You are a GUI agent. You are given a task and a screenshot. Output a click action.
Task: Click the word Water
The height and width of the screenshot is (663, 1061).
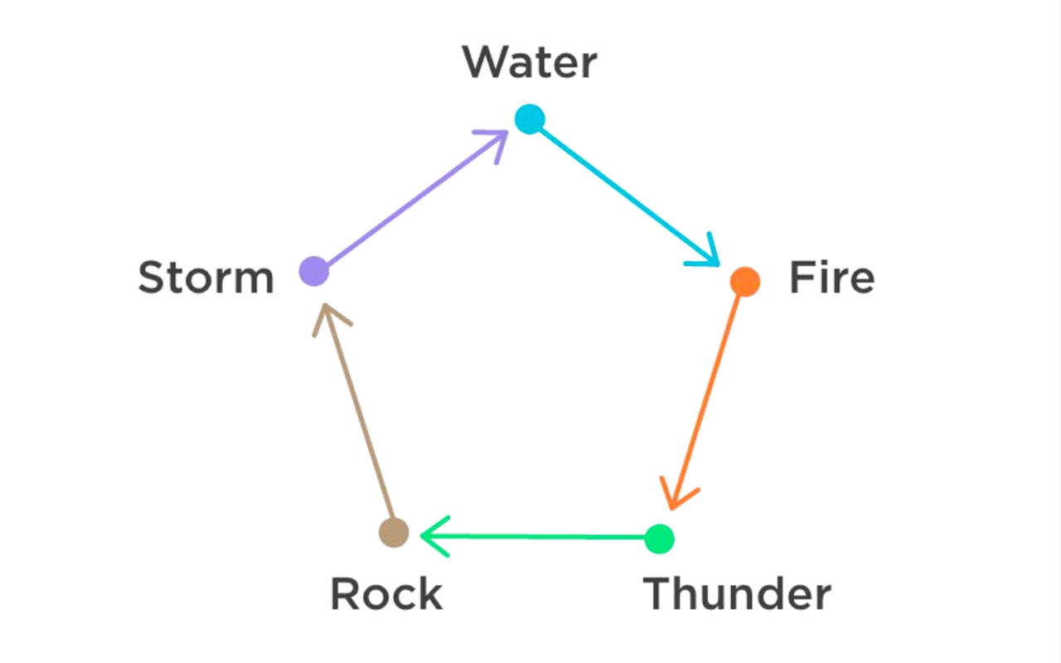[x=530, y=63]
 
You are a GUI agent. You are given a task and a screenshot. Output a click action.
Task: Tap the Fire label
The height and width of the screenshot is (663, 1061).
[x=831, y=278]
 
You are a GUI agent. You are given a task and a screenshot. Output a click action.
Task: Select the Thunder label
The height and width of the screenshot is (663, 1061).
[x=737, y=593]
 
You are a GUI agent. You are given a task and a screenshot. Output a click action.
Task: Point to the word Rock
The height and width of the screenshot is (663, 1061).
[x=386, y=593]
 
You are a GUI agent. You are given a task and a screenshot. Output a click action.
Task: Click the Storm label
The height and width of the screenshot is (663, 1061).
[x=206, y=278]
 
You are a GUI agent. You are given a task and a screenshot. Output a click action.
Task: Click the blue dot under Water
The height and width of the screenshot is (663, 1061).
[x=529, y=119]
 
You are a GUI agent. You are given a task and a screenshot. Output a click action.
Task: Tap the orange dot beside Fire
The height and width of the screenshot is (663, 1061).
[x=744, y=282]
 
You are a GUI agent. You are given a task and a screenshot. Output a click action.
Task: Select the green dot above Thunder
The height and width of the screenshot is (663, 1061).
[x=660, y=539]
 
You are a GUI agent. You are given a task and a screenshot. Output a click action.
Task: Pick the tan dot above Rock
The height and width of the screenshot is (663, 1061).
[x=394, y=531]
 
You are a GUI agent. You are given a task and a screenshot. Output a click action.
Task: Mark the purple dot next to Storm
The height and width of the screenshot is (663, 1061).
[x=313, y=270]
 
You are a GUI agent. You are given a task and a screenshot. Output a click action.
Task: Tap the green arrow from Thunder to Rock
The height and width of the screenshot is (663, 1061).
[x=539, y=537]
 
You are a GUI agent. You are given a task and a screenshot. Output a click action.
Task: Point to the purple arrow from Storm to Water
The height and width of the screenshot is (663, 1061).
[x=406, y=203]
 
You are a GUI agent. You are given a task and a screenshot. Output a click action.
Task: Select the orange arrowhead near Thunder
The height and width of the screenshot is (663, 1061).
[x=676, y=497]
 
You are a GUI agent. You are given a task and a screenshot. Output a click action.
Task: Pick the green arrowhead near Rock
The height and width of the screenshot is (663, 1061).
[x=430, y=536]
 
